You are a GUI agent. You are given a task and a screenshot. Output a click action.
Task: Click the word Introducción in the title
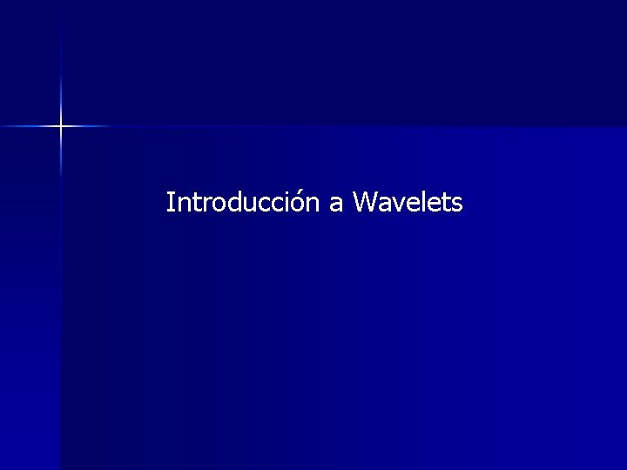click(244, 203)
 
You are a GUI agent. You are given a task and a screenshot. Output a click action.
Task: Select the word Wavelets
click(408, 203)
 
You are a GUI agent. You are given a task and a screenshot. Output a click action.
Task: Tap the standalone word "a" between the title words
click(336, 205)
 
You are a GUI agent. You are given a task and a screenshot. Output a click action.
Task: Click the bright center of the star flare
click(61, 126)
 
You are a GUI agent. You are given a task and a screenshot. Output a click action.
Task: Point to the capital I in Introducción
click(170, 203)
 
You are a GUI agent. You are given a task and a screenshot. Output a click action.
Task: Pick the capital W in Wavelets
click(366, 203)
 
